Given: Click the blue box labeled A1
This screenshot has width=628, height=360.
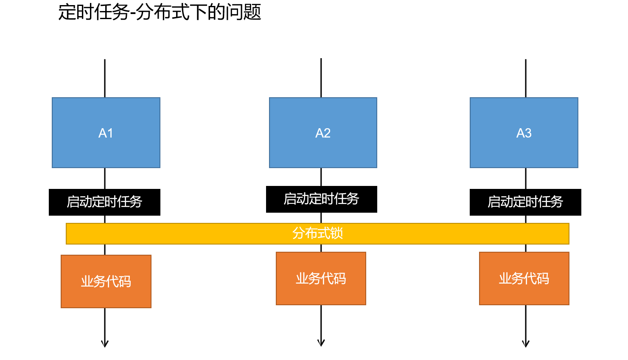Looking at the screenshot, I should point(106,132).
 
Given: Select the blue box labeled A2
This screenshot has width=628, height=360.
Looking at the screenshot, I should point(323,132).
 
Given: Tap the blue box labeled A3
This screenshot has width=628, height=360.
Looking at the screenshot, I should point(524,132).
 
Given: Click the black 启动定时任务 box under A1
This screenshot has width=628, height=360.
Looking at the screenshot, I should point(104,202).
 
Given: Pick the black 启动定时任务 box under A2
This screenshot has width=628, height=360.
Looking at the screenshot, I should point(321,199).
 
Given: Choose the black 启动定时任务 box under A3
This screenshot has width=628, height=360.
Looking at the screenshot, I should point(525,202).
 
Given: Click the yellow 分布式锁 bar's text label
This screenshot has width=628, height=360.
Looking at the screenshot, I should point(317,233).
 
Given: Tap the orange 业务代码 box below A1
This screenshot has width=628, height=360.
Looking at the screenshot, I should point(106,281).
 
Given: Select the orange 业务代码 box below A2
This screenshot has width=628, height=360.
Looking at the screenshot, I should point(321,278).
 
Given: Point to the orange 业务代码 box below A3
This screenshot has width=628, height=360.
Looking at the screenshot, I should point(524,278).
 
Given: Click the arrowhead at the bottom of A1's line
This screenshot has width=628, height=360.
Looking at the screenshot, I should point(105,343).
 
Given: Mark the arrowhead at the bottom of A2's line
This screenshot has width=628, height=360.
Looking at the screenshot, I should point(321,343).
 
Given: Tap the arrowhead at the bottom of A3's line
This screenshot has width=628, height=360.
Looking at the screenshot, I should point(526,343).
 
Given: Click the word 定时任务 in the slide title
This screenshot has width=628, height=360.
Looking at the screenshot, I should point(94,12).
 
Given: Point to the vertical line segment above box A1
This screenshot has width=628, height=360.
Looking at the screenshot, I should point(105,79).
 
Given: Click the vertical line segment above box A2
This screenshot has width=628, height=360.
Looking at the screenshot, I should point(321,78).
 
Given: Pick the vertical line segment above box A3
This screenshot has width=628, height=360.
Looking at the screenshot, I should point(526,79).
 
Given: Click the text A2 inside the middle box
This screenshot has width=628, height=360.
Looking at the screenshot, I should point(323,133).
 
